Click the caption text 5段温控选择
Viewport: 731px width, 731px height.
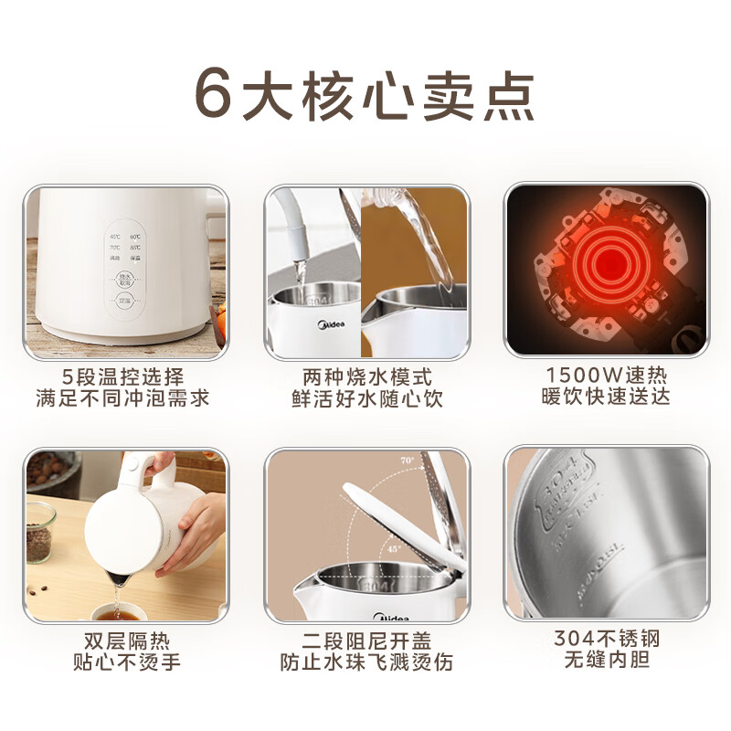(122, 376)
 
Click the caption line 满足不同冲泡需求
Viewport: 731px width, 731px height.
(122, 399)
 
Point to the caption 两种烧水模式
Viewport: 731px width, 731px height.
(366, 376)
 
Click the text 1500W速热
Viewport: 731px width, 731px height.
(607, 375)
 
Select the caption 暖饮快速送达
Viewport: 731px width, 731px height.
(607, 398)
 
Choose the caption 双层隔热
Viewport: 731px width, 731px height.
(122, 640)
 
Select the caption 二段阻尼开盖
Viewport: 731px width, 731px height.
(366, 640)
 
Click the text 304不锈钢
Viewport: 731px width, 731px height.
(607, 638)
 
